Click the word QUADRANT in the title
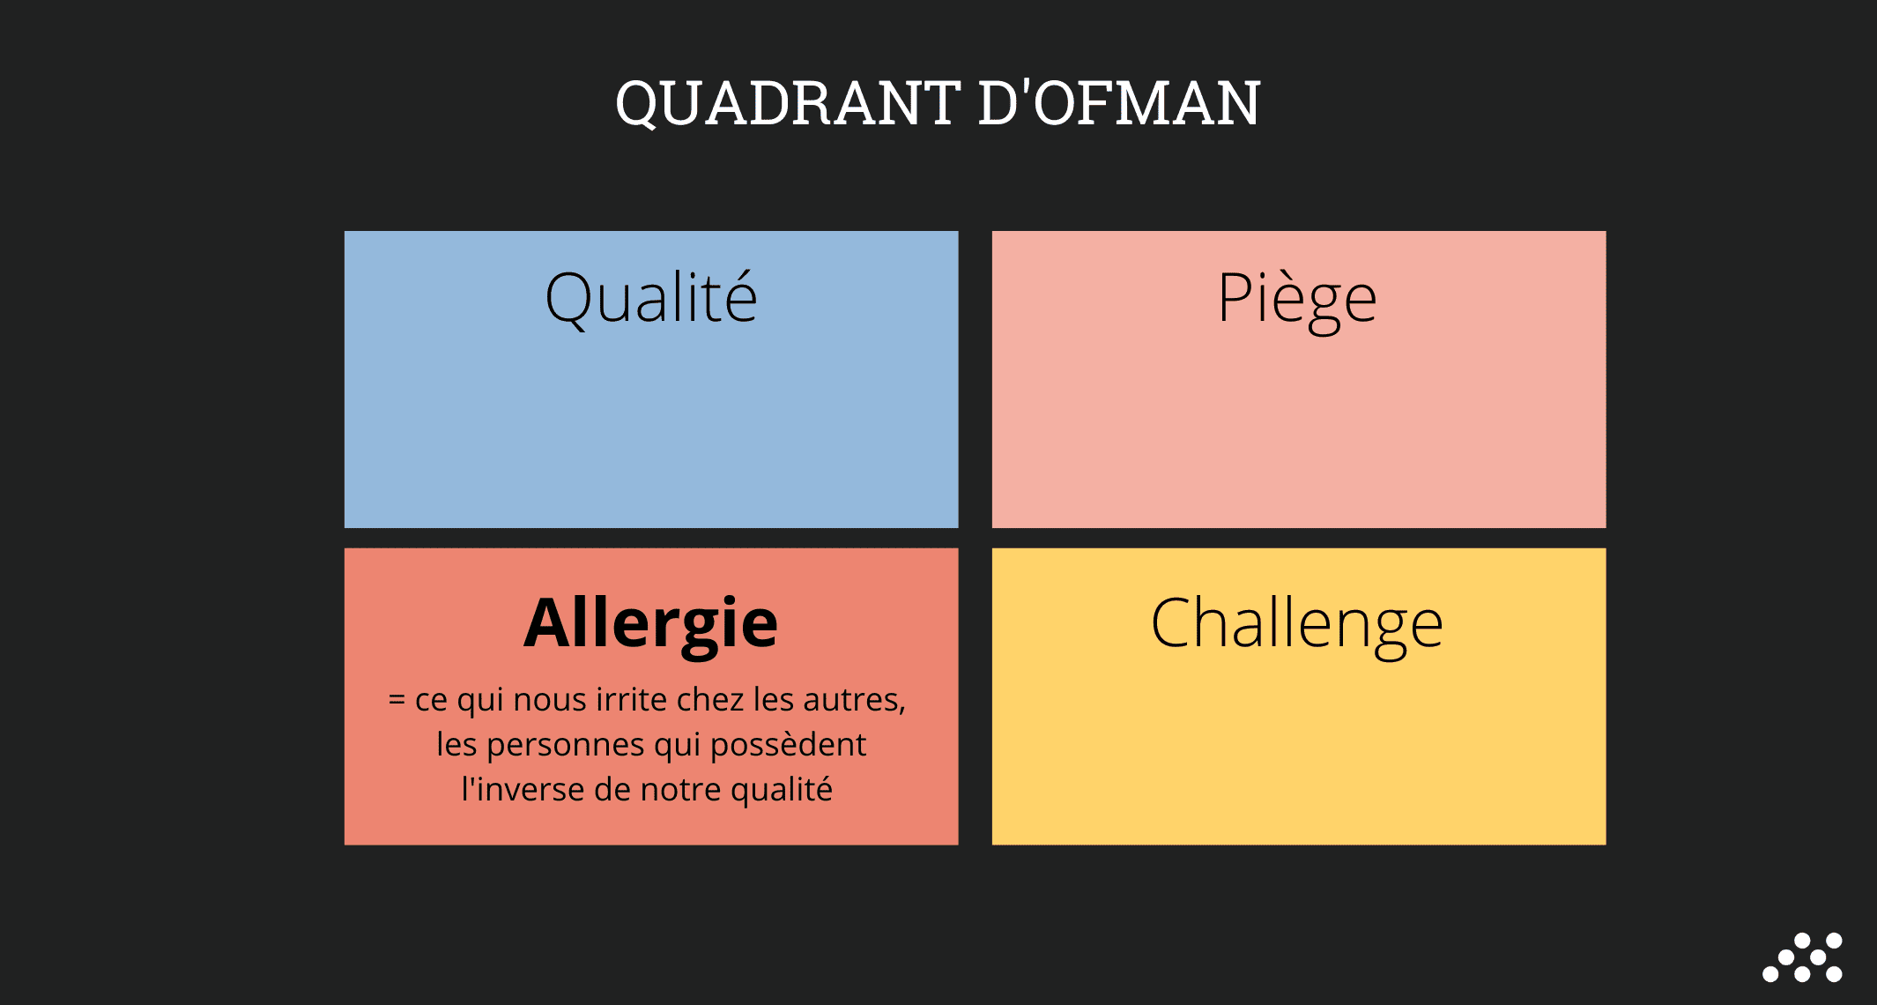coord(788,104)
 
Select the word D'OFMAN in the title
coord(1119,102)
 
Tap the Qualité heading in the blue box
coord(651,299)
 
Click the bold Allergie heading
coord(651,625)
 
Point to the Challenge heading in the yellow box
coord(1297,625)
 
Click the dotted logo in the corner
coord(1802,957)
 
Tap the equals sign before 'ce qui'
coord(397,701)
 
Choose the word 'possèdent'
coord(789,746)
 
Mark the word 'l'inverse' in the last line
coord(523,789)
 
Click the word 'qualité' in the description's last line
coord(782,790)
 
